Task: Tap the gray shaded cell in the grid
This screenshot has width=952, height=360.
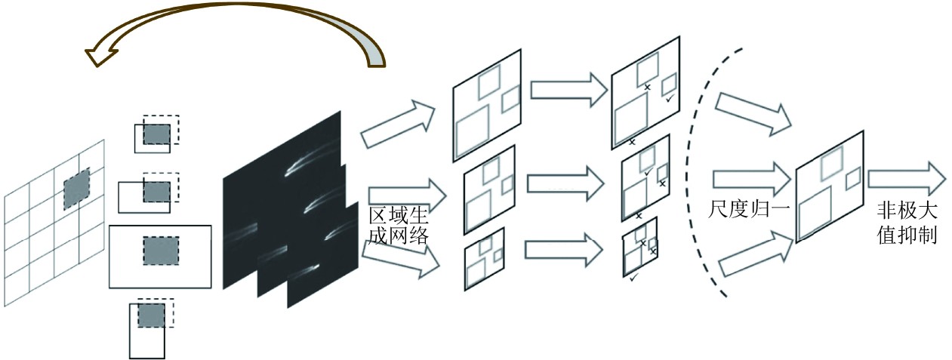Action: point(76,188)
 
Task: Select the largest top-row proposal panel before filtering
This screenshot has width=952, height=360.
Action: point(487,106)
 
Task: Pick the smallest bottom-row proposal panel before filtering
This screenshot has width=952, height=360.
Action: point(485,259)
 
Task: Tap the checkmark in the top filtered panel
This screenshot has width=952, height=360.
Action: point(670,97)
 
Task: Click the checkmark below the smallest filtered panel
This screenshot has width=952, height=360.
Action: point(634,278)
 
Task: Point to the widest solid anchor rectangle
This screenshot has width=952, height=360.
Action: point(161,257)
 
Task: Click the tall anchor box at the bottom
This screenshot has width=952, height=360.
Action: point(147,331)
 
